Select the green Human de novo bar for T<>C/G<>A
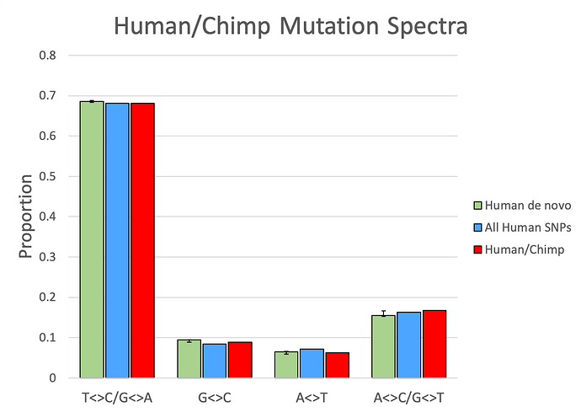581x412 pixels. tap(92, 239)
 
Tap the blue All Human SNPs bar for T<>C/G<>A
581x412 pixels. tap(117, 240)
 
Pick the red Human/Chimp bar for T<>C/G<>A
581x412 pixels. tap(142, 240)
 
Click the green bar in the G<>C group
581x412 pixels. tap(189, 359)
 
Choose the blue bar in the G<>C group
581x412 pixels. tap(214, 361)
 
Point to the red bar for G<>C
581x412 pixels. tap(240, 360)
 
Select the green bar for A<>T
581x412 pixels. tap(286, 365)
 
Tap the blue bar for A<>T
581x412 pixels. tap(312, 363)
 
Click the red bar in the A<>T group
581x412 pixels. tap(337, 365)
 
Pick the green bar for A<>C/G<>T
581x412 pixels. tap(383, 346)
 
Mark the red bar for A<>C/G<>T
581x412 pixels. tap(434, 344)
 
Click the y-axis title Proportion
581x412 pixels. tap(26, 217)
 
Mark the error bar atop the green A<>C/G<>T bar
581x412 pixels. tap(383, 313)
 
